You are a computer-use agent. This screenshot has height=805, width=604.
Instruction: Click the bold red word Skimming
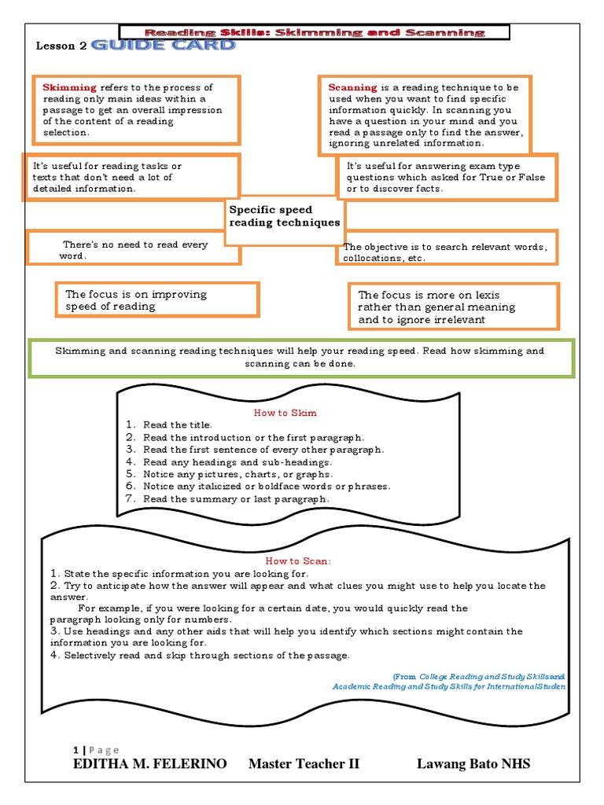[x=69, y=87]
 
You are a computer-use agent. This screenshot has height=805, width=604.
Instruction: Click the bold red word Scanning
[x=353, y=87]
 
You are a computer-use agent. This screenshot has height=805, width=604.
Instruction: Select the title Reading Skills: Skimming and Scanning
[x=314, y=32]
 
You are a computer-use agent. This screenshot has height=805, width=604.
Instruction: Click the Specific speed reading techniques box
[x=284, y=216]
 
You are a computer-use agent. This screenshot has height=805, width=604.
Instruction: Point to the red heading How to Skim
[x=285, y=412]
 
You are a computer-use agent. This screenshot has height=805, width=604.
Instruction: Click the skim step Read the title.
[x=178, y=425]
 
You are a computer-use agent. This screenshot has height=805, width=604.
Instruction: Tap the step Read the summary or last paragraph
[x=236, y=499]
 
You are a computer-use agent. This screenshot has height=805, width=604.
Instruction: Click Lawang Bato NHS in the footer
[x=473, y=764]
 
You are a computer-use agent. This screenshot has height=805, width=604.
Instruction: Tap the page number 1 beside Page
[x=75, y=749]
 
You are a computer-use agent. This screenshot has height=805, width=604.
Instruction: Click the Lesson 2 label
[x=61, y=46]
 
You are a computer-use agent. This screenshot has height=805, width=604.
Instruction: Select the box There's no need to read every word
[x=134, y=250]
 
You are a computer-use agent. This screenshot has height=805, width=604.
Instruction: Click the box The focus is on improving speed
[x=157, y=300]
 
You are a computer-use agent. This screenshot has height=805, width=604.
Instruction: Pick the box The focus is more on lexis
[x=454, y=307]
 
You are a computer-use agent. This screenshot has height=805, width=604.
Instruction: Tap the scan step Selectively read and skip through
[x=206, y=655]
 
